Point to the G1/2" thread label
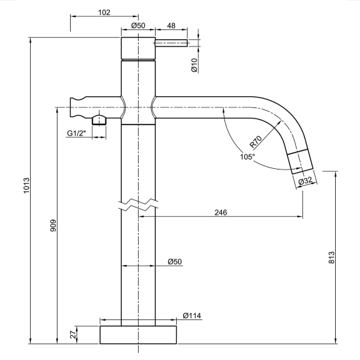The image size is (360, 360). pos(78,134)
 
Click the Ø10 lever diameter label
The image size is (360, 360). pos(194,65)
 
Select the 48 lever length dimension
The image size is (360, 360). pos(171,26)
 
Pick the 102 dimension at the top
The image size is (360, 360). pos(103,12)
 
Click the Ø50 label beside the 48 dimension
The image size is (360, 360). pos(138,26)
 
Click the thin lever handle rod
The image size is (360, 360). pos(171,43)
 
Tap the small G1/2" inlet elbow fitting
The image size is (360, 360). pos(99,120)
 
